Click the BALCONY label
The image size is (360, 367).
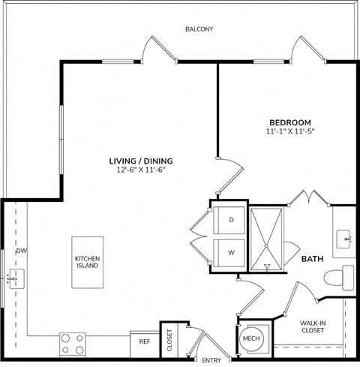coord(199,29)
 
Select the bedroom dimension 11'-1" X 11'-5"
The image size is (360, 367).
coord(290,131)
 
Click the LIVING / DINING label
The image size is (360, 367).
coord(141,161)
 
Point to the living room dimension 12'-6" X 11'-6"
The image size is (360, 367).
coord(141,170)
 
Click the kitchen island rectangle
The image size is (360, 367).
coord(87,262)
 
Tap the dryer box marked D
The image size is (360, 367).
coord(230,219)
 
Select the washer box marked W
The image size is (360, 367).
coord(230,253)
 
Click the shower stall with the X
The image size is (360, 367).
coord(266,239)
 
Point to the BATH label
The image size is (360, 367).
coord(312,259)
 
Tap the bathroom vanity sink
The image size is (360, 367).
coord(346,239)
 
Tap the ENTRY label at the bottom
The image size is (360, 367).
coord(211,361)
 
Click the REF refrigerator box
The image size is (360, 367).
coord(145,341)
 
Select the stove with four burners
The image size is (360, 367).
coord(73,343)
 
